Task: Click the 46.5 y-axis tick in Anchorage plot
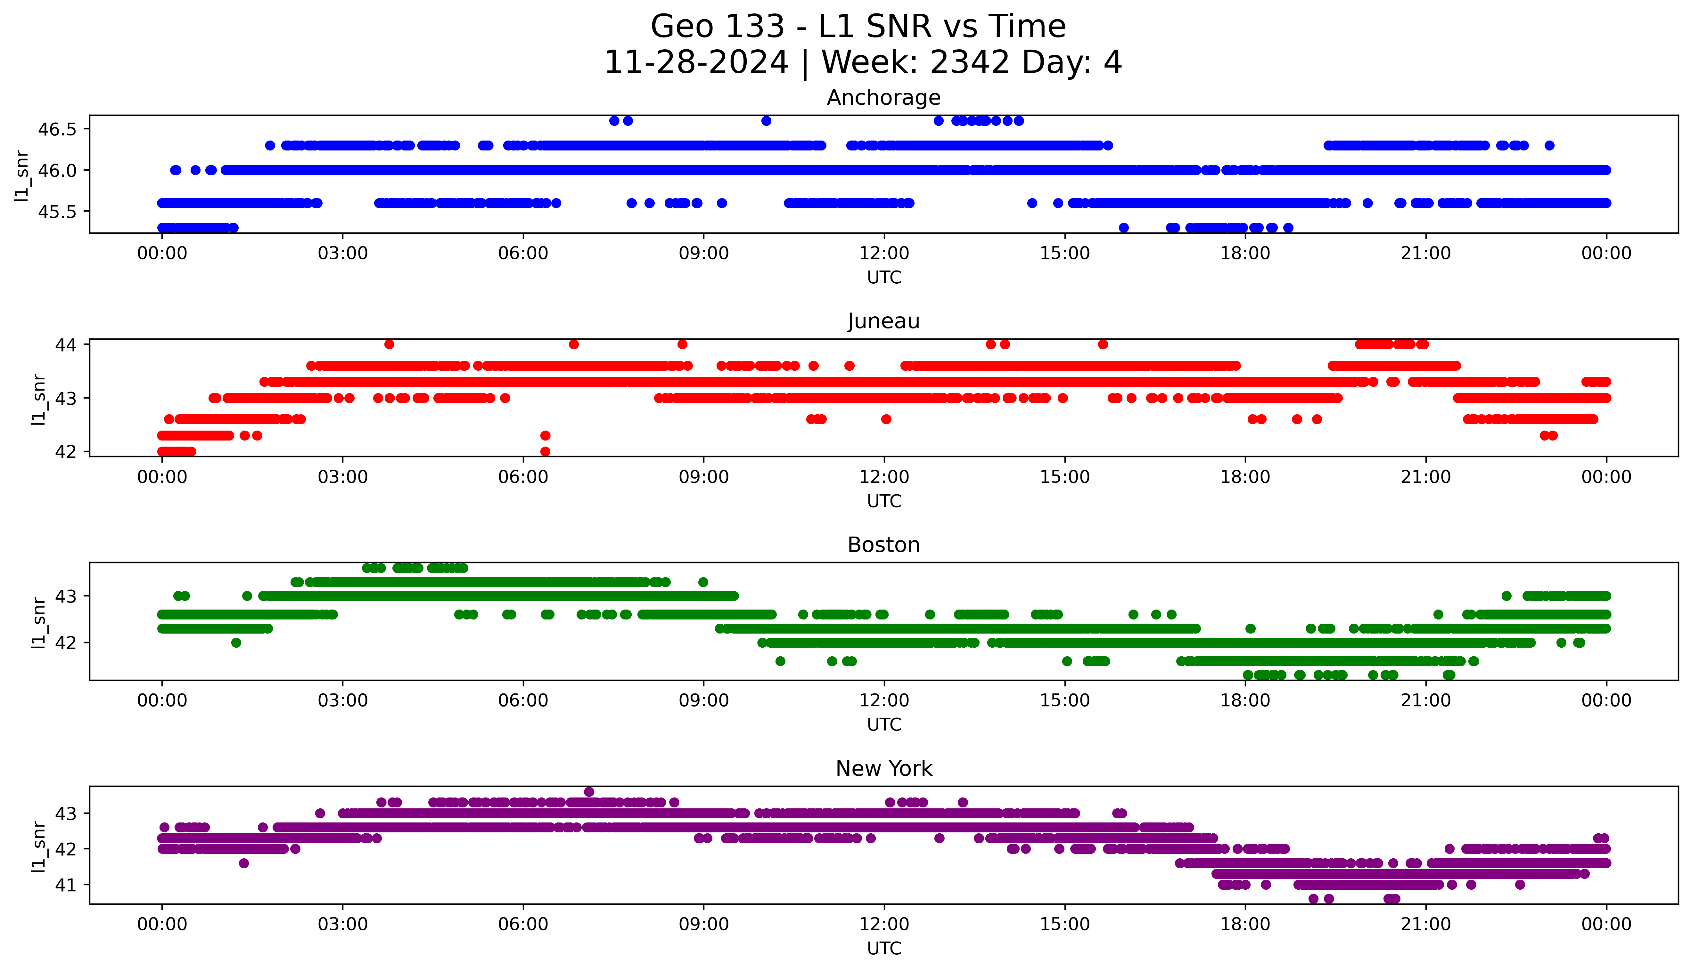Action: [57, 129]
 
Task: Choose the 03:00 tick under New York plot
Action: [343, 924]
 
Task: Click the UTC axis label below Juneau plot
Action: [884, 501]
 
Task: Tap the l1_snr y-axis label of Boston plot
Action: [39, 622]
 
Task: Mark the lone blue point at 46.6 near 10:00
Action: [766, 121]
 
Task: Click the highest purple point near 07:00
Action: [588, 792]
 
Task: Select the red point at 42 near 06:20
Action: [545, 451]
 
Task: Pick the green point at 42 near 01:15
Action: [235, 642]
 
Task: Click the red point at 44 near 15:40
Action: [1103, 344]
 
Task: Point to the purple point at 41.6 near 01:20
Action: [243, 863]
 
